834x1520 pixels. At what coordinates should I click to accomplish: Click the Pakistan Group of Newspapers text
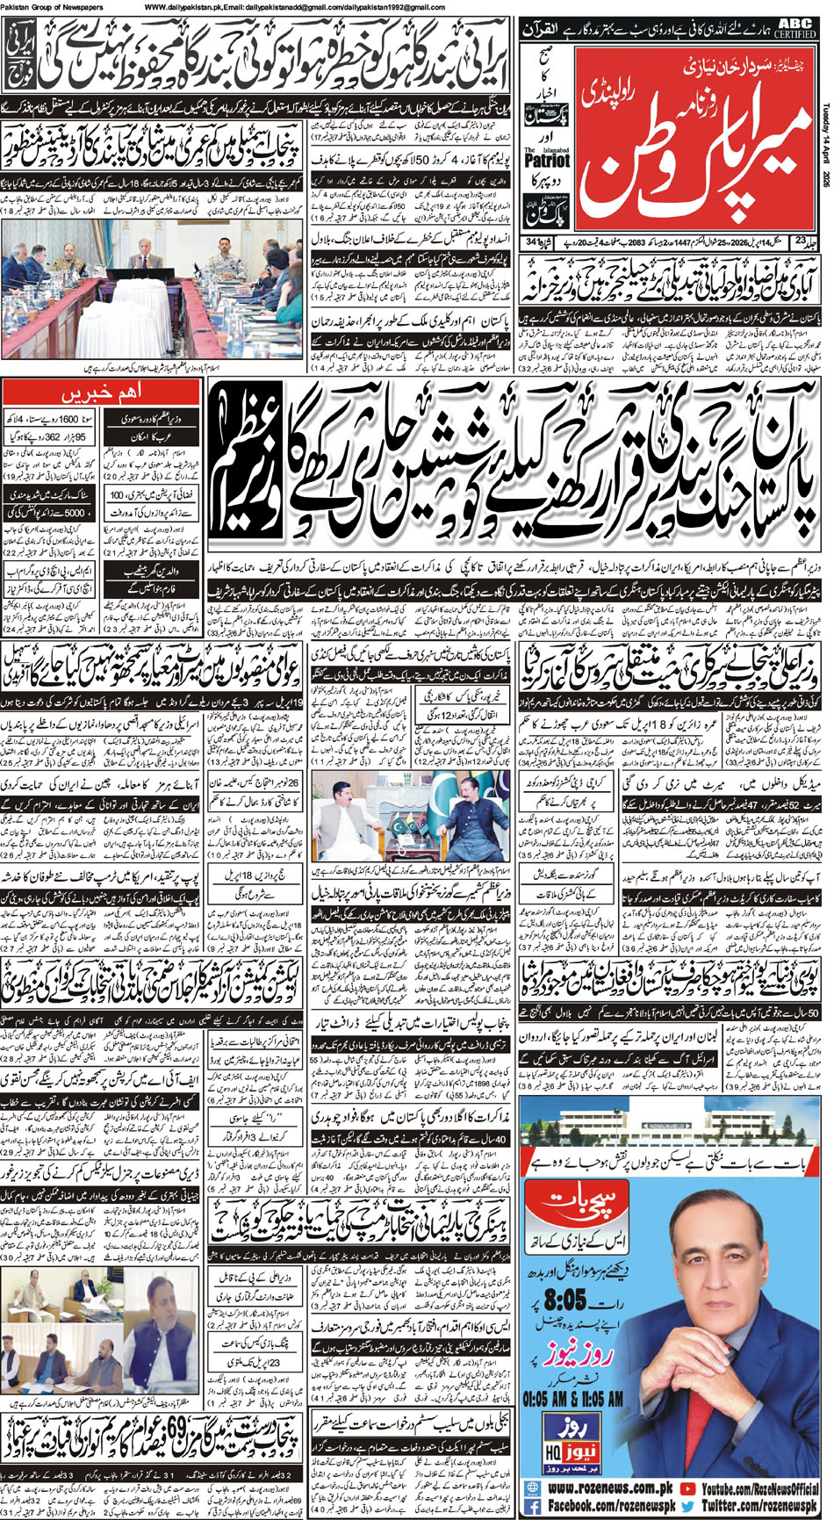(53, 7)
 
